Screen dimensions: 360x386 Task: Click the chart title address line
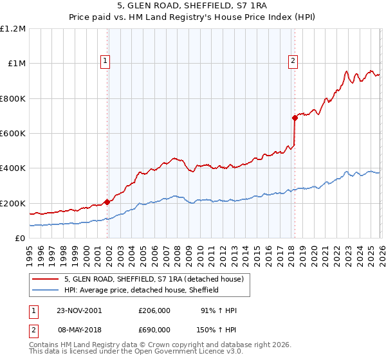point(193,6)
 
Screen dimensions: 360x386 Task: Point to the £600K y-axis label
point(13,134)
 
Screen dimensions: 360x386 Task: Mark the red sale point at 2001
point(107,202)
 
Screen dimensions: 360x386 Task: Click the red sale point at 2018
point(295,118)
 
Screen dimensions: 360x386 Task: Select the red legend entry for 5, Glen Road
point(153,279)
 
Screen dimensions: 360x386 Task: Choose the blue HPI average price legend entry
point(142,291)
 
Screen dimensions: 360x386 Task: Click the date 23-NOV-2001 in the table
point(80,310)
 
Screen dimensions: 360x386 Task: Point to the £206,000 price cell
point(154,310)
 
